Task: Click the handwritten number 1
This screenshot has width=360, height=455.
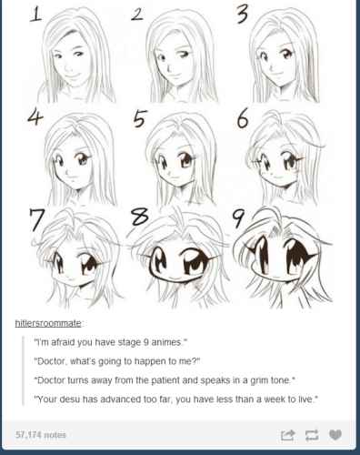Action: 35,14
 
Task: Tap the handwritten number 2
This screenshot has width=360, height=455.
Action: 137,15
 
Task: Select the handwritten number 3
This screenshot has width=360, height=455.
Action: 242,14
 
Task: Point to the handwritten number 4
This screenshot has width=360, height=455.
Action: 35,117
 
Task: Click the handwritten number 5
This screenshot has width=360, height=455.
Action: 140,118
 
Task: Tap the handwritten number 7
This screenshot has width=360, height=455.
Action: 37,219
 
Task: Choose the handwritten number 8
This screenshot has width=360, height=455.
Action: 139,217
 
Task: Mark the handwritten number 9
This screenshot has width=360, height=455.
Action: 238,218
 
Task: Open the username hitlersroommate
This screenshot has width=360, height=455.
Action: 48,323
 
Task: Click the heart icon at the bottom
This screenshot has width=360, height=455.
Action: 335,435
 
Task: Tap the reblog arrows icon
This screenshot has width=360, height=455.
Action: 312,435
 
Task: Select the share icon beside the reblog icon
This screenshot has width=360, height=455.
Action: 287,435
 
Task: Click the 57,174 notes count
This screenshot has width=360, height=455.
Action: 41,435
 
